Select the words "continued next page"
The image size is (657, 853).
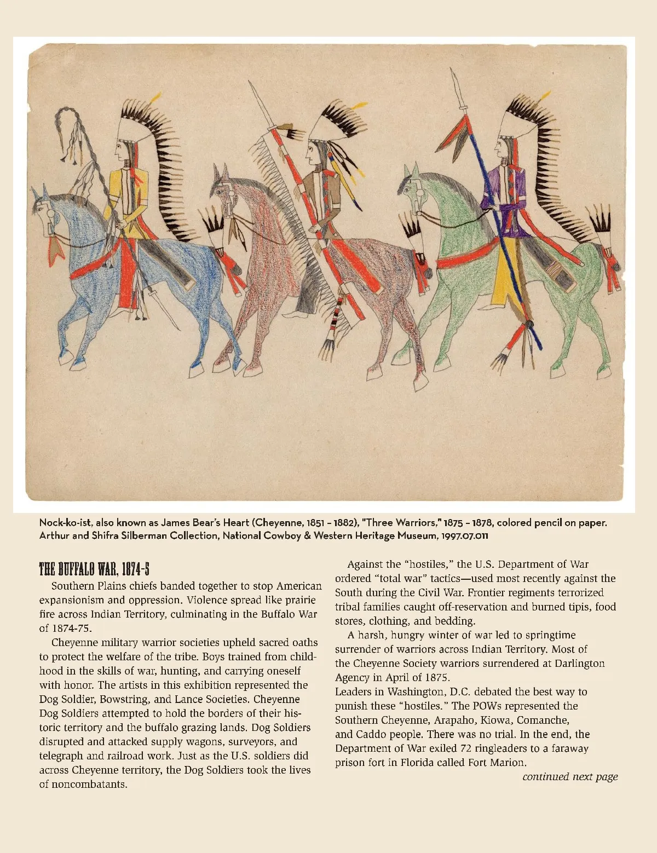[570, 776]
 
